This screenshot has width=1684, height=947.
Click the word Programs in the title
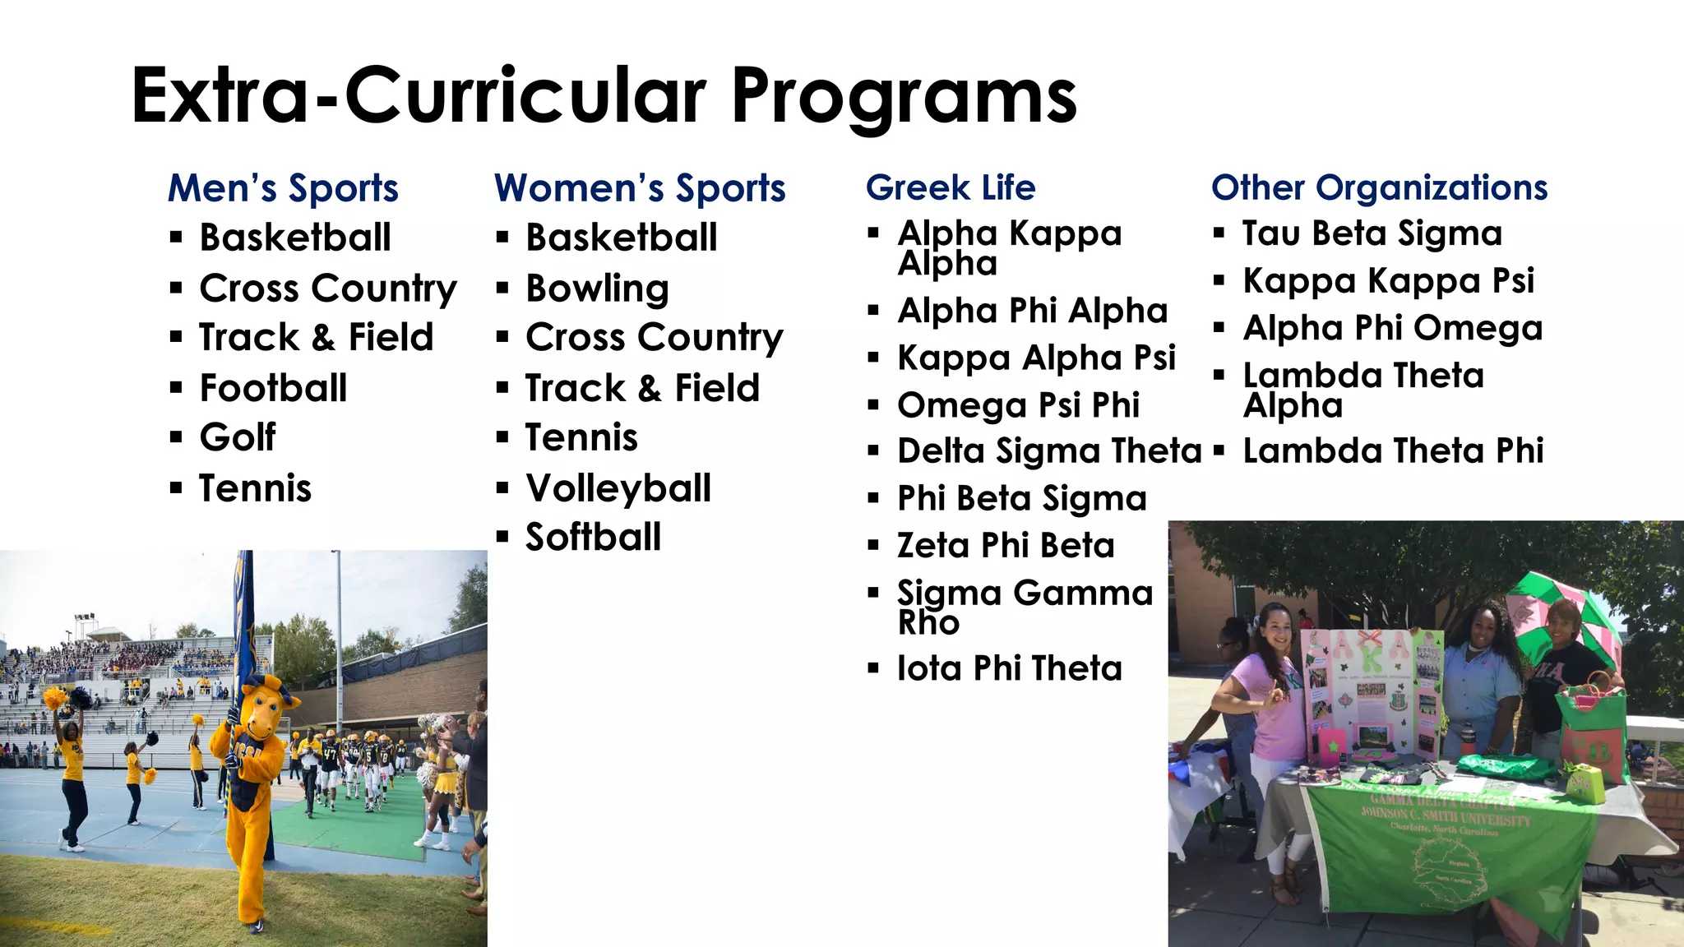(x=904, y=97)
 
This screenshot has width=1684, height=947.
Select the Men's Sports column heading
(x=283, y=188)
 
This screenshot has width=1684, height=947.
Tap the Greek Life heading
(x=951, y=187)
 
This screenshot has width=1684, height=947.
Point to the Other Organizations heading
(x=1379, y=187)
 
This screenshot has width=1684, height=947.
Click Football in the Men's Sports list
(x=273, y=388)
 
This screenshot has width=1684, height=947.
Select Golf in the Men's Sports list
(x=238, y=437)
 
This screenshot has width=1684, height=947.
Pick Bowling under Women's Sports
(x=597, y=289)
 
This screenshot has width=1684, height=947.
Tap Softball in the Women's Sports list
(x=593, y=538)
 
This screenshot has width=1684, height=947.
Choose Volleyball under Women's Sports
(x=618, y=488)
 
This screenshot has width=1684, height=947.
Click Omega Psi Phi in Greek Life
(x=1018, y=405)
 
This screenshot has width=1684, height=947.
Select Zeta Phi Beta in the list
(x=1006, y=546)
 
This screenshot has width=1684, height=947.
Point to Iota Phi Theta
(x=1009, y=668)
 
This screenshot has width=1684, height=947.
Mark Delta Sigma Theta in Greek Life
(x=1049, y=451)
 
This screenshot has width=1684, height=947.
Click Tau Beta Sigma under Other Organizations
(x=1372, y=233)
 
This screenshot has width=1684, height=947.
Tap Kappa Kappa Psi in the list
(x=1388, y=281)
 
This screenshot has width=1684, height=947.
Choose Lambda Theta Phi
(x=1393, y=451)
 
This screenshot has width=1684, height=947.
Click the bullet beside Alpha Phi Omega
(x=1219, y=329)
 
